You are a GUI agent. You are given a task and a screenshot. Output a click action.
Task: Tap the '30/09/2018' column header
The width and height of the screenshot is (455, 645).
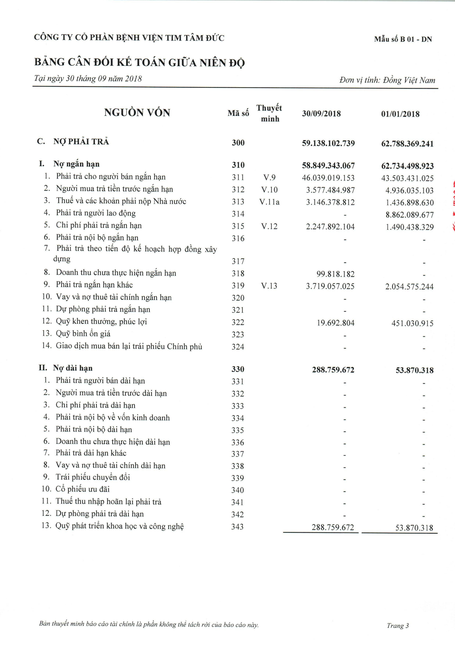pos(321,114)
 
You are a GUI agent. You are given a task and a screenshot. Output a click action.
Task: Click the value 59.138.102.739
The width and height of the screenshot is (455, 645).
pos(328,143)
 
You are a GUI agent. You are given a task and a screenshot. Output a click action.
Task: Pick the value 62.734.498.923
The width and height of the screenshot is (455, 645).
pos(407,166)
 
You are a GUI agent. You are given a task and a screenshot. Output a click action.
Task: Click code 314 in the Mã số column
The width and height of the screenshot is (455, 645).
pos(238,214)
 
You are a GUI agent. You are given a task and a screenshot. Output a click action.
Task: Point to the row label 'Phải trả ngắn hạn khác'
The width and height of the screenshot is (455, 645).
pos(94,285)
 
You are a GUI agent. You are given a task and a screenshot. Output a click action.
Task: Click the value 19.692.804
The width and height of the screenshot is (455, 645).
pos(336,323)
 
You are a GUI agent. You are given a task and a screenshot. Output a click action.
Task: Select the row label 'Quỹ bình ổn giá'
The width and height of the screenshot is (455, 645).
pos(83,334)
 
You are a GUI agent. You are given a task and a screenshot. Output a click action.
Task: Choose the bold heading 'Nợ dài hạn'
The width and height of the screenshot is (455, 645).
pos(73,368)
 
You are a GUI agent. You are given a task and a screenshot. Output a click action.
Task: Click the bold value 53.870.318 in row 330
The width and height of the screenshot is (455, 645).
pos(414,370)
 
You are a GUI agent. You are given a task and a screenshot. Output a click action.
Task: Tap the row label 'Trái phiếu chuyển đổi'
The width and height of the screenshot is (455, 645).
pos(93,477)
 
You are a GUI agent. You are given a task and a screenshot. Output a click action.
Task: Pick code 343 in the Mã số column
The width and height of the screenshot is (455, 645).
pos(238,527)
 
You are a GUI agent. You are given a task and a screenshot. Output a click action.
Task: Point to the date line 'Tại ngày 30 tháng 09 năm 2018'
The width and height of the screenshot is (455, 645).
pos(88,78)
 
